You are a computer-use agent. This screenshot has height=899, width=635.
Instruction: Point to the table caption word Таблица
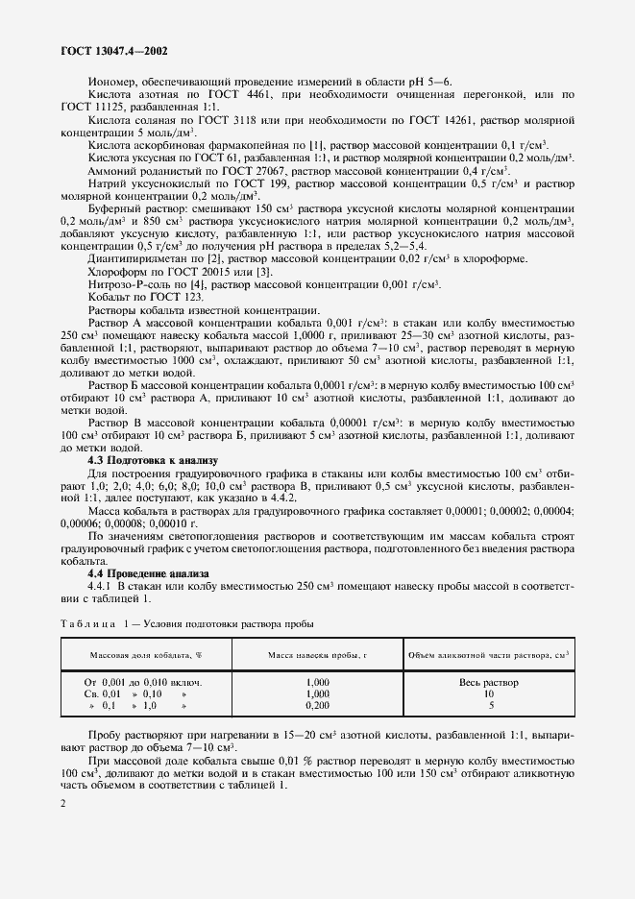85,624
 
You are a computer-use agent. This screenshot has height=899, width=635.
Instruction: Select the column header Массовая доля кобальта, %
146,657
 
